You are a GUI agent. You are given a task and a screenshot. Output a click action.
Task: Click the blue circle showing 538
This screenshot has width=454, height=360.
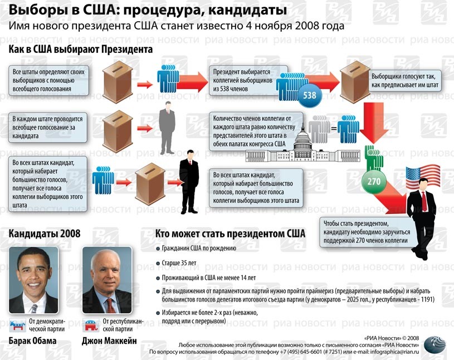pos(310,95)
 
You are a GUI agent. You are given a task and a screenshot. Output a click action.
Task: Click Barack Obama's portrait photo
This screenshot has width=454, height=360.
pos(33,279)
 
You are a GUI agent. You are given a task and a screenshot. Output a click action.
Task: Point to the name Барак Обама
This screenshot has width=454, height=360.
pos(33,340)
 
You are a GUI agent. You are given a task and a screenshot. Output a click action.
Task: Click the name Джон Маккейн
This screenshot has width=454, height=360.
pos(109,340)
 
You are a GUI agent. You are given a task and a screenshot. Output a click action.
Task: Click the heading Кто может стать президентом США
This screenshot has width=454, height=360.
pos(230,233)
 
